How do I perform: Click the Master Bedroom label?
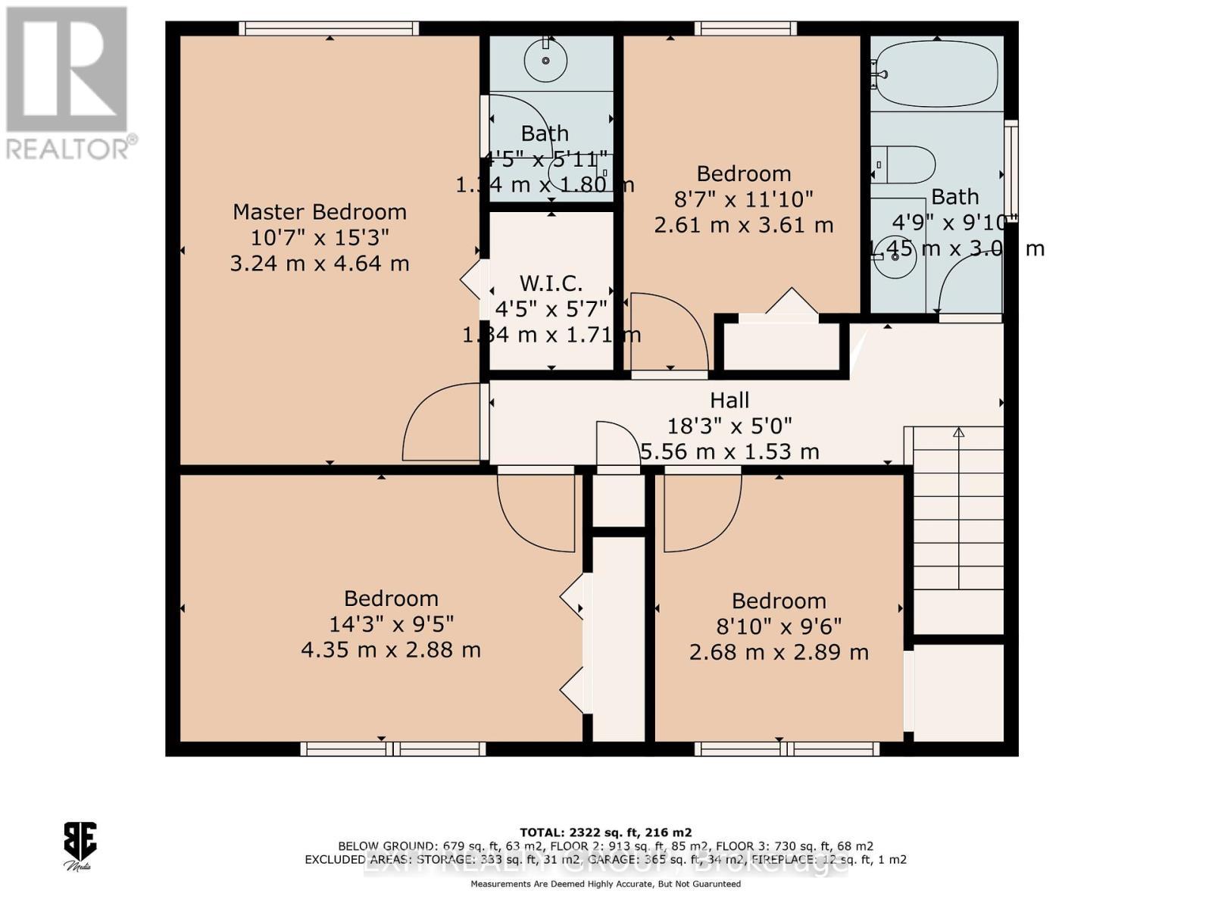coord(319,211)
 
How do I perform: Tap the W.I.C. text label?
coord(551,284)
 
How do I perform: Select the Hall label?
coord(729,400)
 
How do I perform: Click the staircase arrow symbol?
coord(958,433)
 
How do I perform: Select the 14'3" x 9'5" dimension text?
coord(391,624)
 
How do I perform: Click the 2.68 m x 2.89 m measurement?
coord(779,652)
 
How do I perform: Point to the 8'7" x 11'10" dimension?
coord(743,199)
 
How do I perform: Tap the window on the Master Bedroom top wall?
coord(329,29)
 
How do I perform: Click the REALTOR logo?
coord(68,83)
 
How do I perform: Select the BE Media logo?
coord(79,845)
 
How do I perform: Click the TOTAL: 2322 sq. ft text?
coord(605,832)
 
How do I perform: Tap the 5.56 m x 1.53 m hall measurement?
coord(729,452)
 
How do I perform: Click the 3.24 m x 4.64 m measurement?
coord(319,264)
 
